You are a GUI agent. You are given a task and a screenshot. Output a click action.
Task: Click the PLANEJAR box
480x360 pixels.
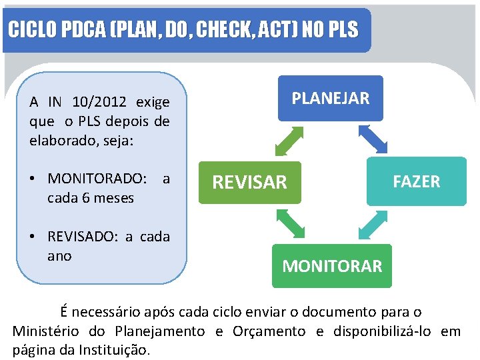(x=330, y=98)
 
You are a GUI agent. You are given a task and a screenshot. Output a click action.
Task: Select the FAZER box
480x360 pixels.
(x=416, y=181)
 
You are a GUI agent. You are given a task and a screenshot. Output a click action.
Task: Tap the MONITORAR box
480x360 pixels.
(x=332, y=266)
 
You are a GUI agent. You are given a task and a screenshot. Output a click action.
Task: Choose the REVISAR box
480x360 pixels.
(x=250, y=182)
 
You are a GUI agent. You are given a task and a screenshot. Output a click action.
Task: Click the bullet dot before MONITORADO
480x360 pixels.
(x=33, y=179)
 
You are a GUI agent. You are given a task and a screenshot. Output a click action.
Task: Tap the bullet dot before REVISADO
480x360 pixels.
(x=33, y=237)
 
